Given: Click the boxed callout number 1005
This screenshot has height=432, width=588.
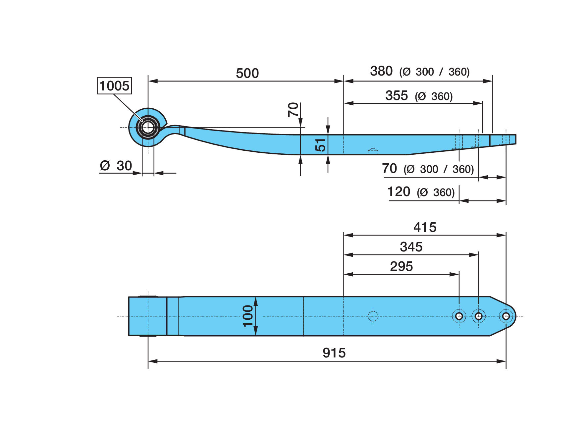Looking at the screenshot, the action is coord(114,86).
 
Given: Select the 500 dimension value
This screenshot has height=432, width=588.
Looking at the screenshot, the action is coord(247,73).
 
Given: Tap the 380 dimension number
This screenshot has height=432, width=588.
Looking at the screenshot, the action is coord(381,71).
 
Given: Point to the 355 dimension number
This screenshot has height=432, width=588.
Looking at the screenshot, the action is coord(397,95).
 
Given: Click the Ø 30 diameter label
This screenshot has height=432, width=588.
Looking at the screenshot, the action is coord(116,166).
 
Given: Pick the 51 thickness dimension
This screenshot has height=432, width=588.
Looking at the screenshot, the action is coord(320,145).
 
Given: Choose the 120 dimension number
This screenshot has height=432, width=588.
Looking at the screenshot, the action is coord(399,191).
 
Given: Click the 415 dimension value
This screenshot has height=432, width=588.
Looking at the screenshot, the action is coord(425,227).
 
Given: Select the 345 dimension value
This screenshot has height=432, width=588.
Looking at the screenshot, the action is coord(411,247).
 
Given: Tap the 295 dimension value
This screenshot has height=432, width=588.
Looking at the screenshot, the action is coord(401,266).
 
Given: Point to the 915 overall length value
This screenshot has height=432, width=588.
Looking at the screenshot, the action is coord(334,353).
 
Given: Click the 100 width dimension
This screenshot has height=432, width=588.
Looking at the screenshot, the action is coord(248,316).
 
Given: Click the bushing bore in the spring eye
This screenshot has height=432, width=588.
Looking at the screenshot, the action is coord(148,127).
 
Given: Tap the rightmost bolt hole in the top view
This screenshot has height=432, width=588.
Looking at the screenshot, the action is coord(506,316).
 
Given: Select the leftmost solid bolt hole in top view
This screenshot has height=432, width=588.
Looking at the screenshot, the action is coord(459,316).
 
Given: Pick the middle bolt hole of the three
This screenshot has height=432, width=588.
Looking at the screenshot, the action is coord(479,316).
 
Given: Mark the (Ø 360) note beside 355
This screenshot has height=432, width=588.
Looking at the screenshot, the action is coord(434,96).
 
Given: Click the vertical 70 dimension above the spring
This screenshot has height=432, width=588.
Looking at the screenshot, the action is coord(293,109).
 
